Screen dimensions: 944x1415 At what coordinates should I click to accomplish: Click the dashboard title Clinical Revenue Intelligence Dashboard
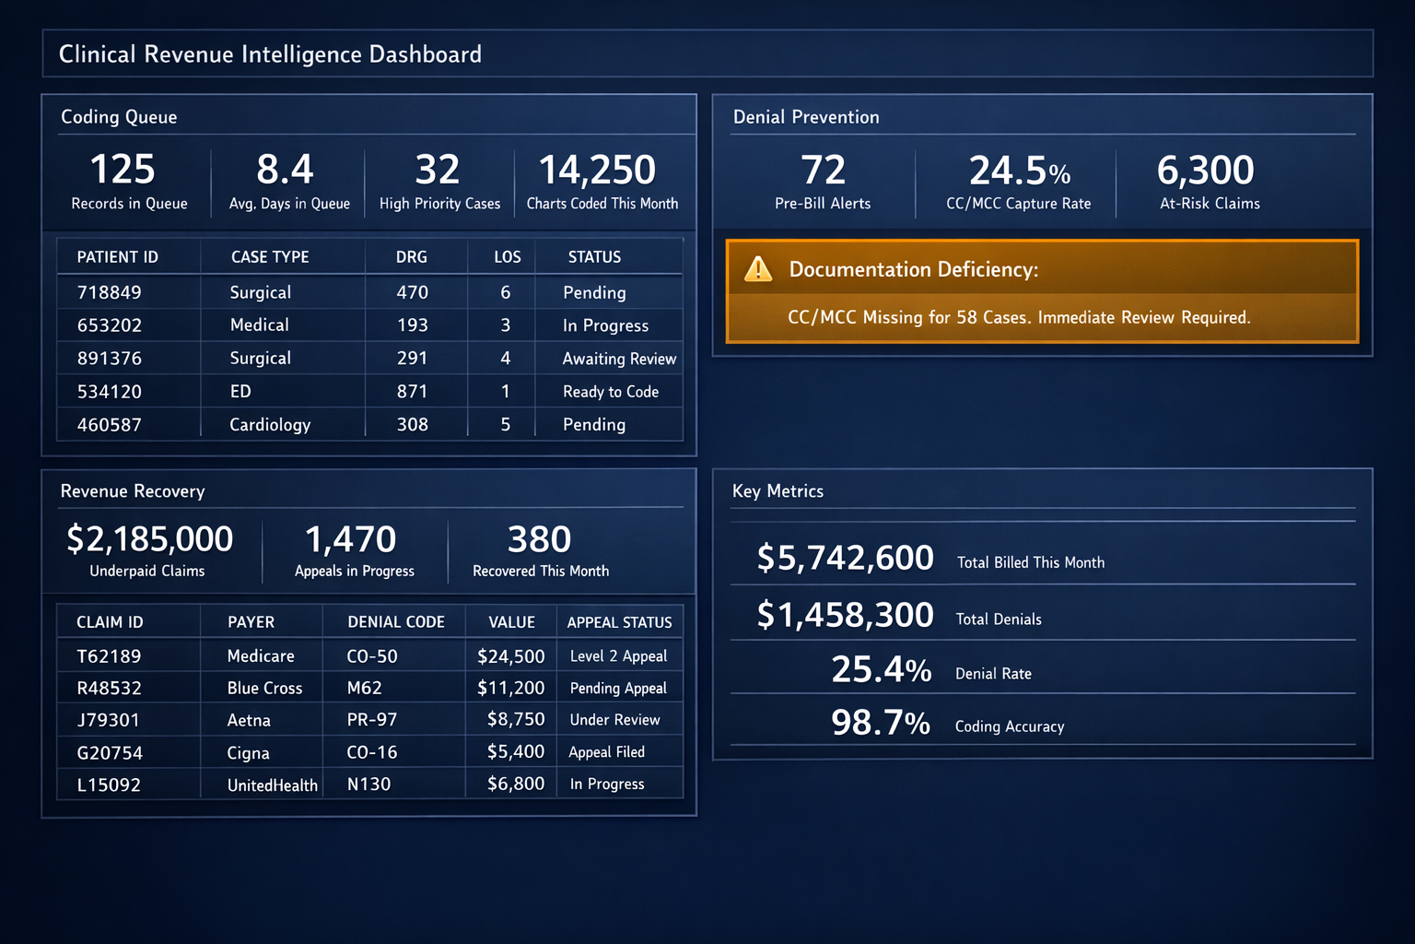coord(270,54)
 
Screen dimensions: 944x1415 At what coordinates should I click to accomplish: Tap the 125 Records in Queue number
coord(123,171)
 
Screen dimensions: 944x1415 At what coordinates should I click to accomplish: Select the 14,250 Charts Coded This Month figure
coord(597,171)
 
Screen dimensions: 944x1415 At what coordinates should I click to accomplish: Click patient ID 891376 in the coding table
coord(109,359)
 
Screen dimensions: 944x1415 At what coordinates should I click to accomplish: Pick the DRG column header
coord(412,257)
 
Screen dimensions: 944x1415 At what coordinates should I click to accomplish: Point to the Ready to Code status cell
coord(611,392)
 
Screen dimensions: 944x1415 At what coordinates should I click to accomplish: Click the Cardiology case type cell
coord(270,425)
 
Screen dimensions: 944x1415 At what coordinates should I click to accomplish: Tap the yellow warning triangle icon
coord(758,269)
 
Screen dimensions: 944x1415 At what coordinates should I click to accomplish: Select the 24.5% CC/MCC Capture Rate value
coord(1019,171)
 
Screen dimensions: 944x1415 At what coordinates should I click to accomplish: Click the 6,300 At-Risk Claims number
coord(1205,171)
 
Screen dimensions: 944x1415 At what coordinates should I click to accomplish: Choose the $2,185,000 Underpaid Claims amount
coord(149,539)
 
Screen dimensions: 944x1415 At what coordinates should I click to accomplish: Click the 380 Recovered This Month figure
coord(539,539)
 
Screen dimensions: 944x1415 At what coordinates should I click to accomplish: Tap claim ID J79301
coord(108,720)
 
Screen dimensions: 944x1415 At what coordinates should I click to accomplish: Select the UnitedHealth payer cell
coord(272,785)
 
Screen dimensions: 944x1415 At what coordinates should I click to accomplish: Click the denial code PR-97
coord(372,720)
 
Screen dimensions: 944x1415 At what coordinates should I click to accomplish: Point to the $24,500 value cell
coord(510,656)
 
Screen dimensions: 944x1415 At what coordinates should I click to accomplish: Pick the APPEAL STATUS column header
coord(619,622)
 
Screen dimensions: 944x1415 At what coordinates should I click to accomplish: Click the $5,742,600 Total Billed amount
coord(845,559)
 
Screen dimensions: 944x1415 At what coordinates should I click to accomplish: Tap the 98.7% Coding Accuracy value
coord(881,724)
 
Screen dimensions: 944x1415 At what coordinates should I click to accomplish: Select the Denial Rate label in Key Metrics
coord(993,674)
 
